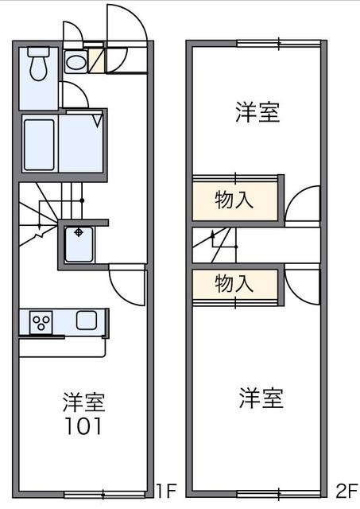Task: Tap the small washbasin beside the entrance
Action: point(75,62)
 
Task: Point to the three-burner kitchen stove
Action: point(41,322)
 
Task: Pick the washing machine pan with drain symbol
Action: point(79,243)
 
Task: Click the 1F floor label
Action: point(165,490)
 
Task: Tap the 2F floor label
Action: point(346,490)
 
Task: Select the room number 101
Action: point(83,426)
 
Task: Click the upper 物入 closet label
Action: point(234,200)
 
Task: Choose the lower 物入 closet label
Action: point(234,282)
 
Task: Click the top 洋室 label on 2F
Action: point(257,113)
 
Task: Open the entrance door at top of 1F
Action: point(127,28)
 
